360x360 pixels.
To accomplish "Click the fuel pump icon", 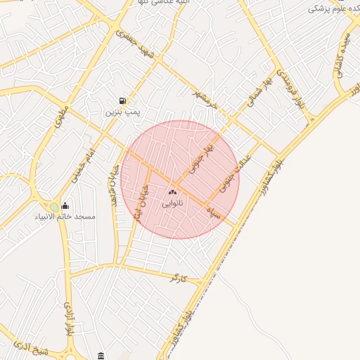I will [x=124, y=101].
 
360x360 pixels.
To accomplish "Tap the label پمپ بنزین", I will [x=124, y=112].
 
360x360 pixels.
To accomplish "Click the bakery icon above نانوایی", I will [x=172, y=192].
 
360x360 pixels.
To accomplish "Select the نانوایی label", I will [x=172, y=203].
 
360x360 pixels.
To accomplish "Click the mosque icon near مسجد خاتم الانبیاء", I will [x=65, y=205].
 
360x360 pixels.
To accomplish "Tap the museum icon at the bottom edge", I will [x=101, y=354].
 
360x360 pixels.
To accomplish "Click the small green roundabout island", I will [x=54, y=206].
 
